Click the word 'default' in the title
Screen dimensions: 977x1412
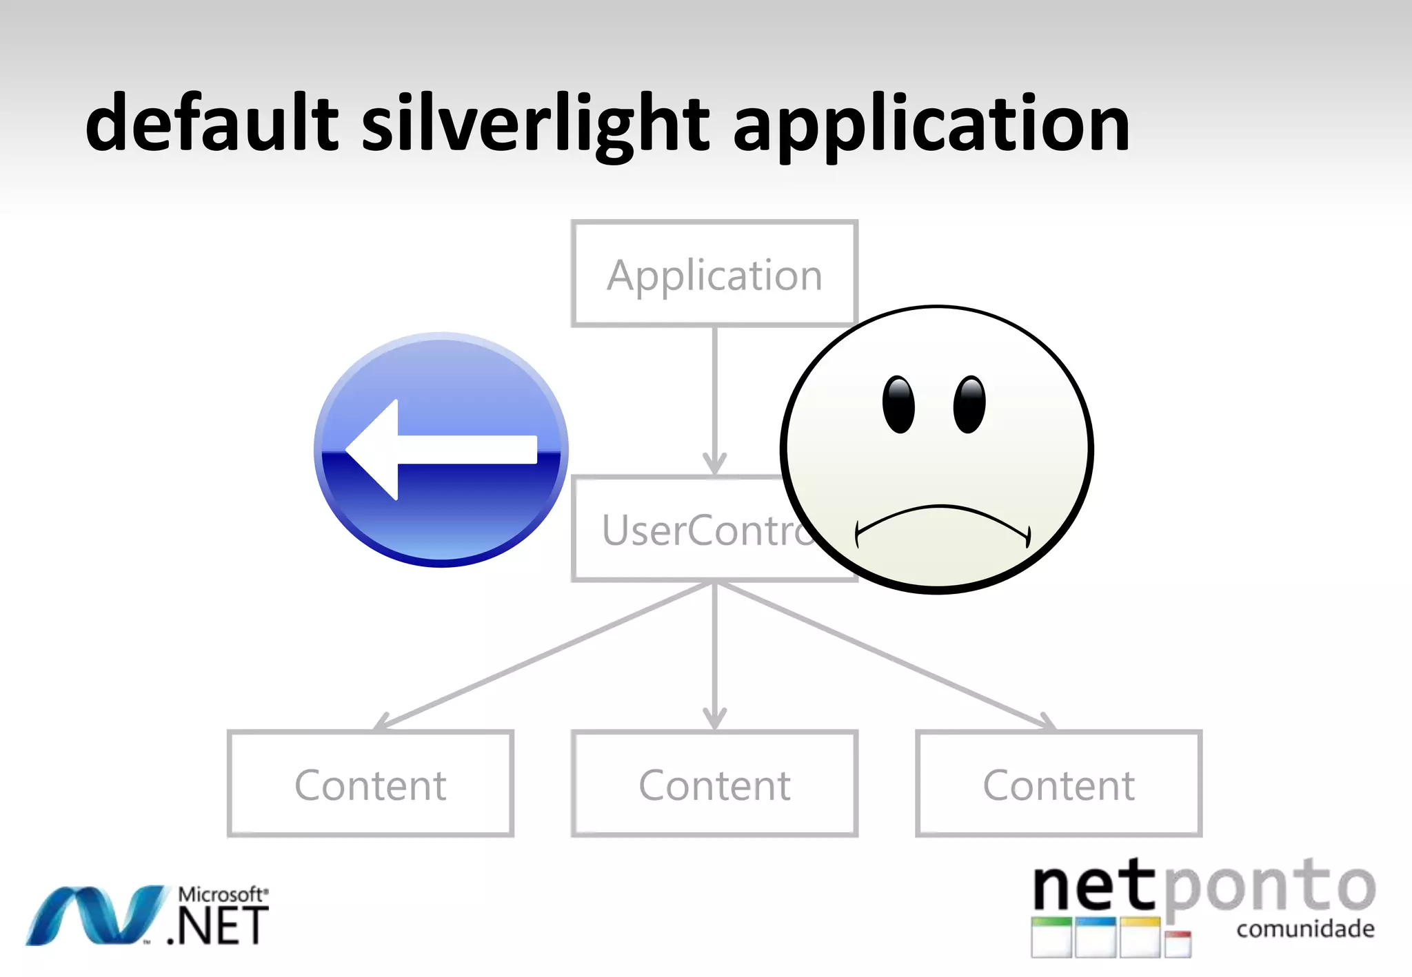(212, 124)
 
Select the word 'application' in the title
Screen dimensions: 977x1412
(931, 127)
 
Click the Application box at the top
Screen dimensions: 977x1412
(714, 274)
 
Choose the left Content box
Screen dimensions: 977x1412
(370, 784)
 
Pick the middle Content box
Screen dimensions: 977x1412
(714, 784)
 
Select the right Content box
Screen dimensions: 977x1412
(1058, 784)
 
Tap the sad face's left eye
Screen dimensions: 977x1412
(898, 405)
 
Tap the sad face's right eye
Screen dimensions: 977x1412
(969, 405)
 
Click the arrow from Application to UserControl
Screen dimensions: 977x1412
(715, 400)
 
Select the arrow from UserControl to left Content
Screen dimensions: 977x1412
(545, 655)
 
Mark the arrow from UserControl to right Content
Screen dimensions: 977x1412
(885, 655)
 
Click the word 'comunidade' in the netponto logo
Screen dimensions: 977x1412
(1304, 929)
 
